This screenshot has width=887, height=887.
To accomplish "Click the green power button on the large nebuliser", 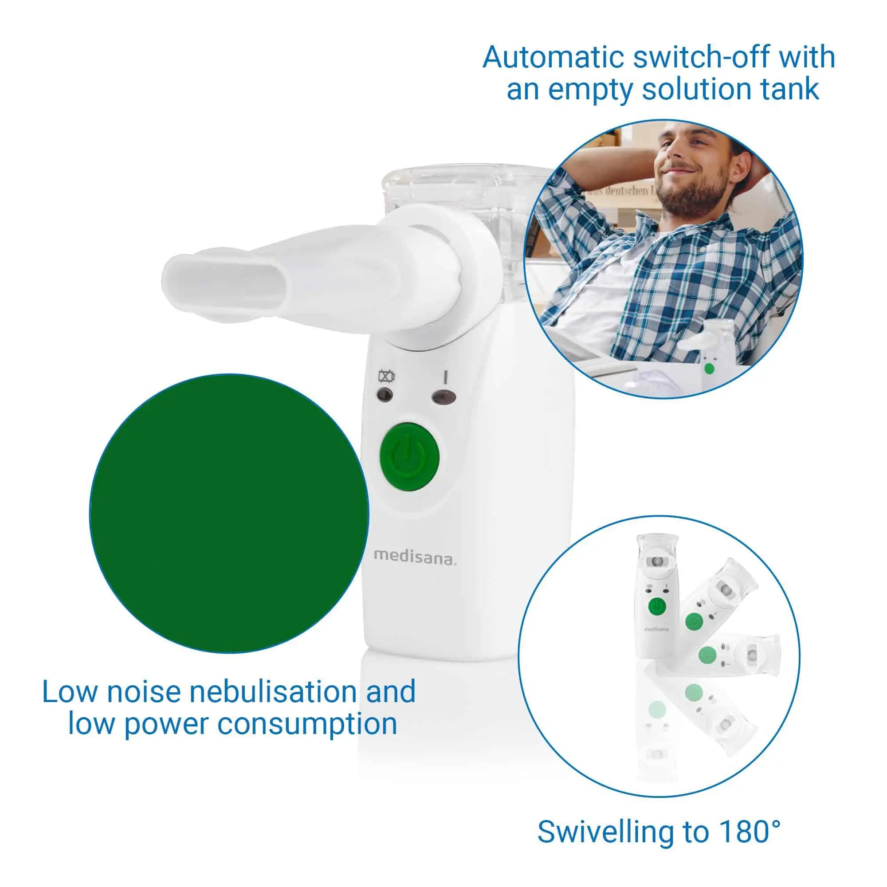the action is pos(409,456).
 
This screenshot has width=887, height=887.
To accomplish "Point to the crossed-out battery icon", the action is pos(386,377).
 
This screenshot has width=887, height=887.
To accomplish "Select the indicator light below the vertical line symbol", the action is pos(444,396).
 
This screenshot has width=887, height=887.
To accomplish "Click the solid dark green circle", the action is pos(229,513).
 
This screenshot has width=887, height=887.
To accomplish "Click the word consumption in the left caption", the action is pos(307,724).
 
